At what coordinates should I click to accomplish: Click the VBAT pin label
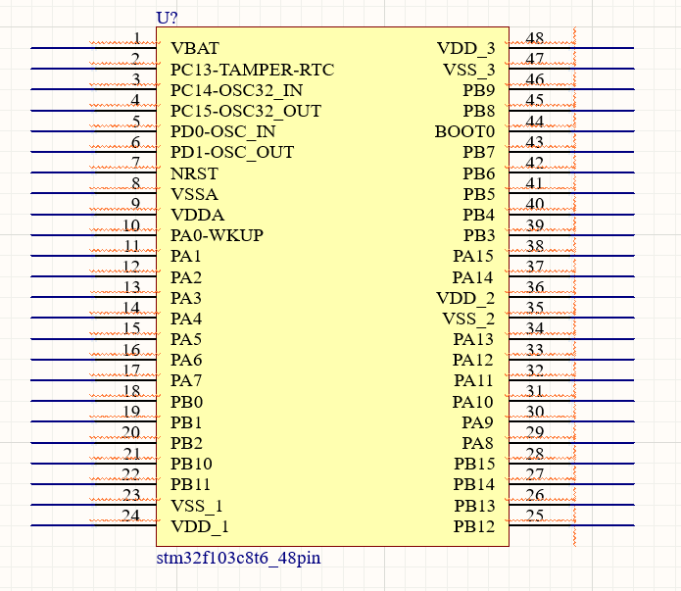(194, 48)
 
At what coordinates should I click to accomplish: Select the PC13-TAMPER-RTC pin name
(252, 70)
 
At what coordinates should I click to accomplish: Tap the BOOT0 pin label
(464, 131)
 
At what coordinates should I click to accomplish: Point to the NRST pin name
(194, 173)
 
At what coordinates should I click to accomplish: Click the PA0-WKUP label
(217, 235)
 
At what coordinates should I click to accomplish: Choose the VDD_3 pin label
(465, 48)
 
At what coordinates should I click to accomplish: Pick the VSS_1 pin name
(197, 506)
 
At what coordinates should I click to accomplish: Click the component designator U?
(168, 18)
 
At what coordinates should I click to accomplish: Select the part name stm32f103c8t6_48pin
(238, 559)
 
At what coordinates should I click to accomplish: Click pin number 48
(535, 39)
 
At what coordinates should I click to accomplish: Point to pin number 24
(131, 517)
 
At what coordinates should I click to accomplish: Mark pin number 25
(535, 517)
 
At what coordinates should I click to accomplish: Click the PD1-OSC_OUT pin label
(232, 152)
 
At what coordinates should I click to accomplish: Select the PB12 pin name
(474, 526)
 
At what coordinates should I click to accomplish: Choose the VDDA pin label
(197, 215)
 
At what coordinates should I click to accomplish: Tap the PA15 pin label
(473, 256)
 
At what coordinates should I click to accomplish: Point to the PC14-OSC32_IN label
(236, 90)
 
